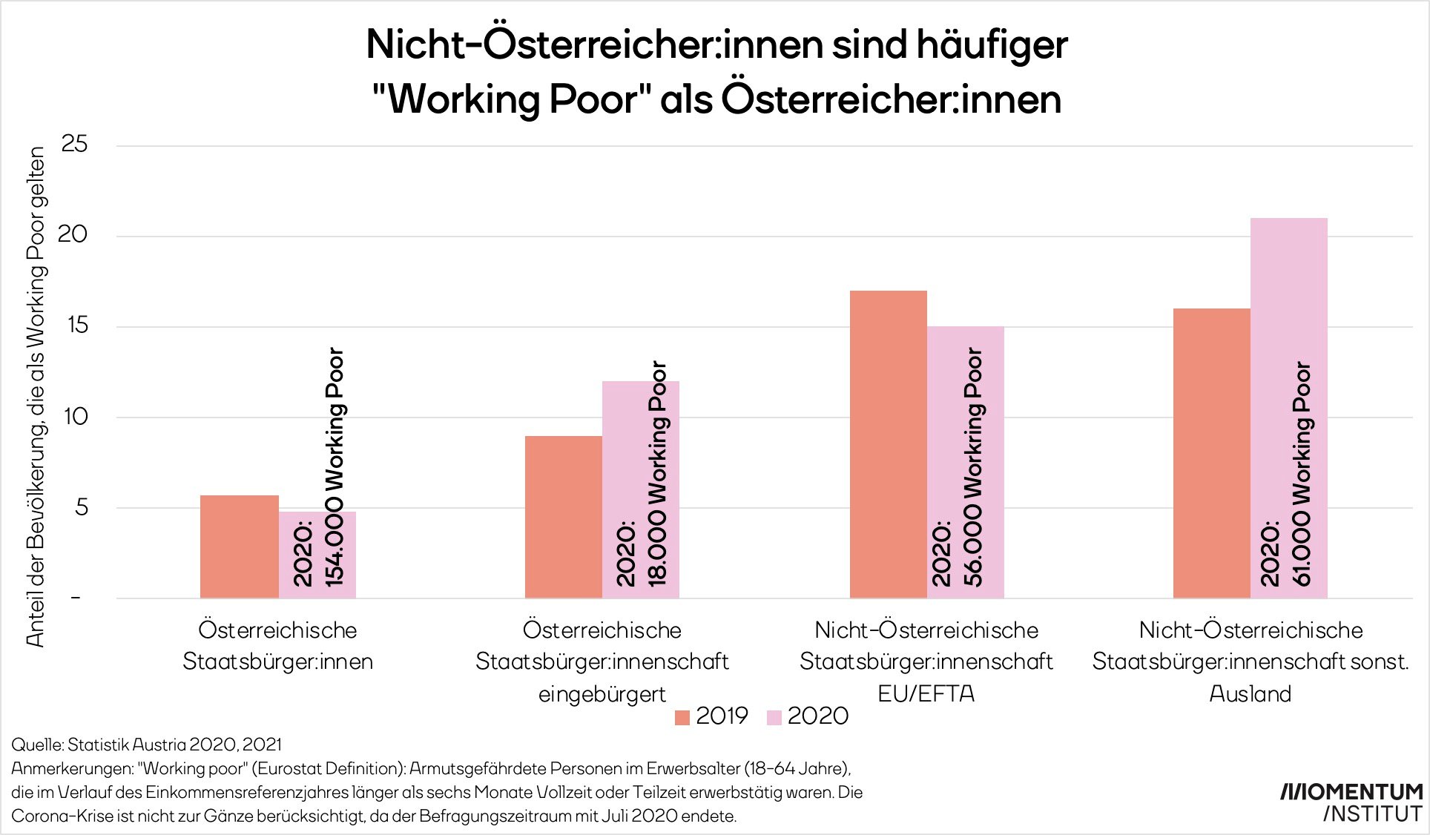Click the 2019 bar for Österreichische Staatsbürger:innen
point(239,547)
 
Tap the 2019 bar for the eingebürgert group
point(564,517)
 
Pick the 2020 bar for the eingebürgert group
point(641,489)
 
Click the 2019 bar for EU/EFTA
point(888,444)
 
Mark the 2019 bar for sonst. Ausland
point(1211,453)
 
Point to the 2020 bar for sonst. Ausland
point(1289,408)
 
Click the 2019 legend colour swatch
point(682,717)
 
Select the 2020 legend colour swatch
point(774,717)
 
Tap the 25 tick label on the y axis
point(74,144)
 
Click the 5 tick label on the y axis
point(81,507)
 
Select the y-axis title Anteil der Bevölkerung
point(36,397)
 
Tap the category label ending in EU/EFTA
point(926,661)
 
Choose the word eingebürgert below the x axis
point(602,694)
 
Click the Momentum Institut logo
point(1351,802)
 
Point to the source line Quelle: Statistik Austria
point(146,744)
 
